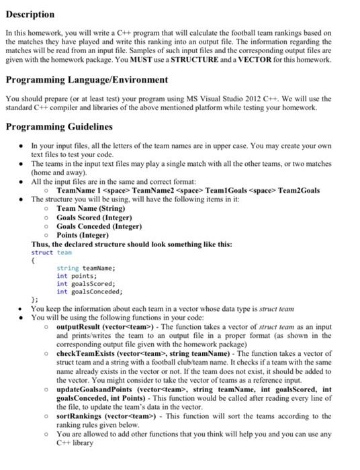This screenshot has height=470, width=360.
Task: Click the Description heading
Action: click(30, 14)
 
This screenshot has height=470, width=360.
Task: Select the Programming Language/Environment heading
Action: click(87, 80)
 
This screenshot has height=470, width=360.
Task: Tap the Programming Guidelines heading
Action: click(59, 126)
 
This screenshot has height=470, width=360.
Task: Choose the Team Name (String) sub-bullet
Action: click(91, 209)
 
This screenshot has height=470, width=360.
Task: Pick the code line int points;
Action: click(77, 276)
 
